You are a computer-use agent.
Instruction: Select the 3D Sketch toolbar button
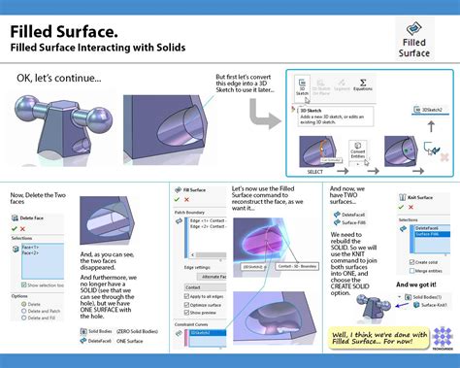[x=303, y=87]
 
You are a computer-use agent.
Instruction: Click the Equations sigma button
[x=363, y=87]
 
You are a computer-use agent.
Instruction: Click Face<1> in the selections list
[x=30, y=248]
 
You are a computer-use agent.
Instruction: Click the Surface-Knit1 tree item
[x=422, y=305]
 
